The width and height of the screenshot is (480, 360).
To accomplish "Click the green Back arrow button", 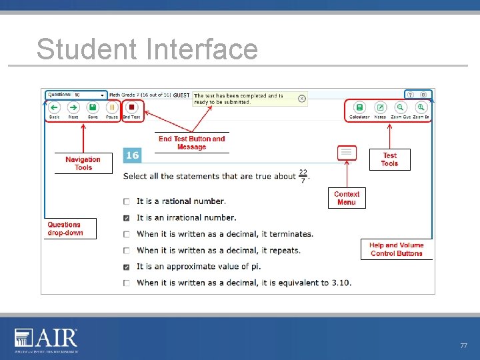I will tap(55, 107).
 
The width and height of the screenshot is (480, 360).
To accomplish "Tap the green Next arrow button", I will tap(73, 107).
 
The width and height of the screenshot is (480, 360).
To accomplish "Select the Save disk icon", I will tap(93, 107).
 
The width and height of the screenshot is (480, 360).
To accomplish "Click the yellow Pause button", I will tap(112, 107).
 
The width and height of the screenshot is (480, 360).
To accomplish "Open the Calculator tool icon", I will tap(359, 107).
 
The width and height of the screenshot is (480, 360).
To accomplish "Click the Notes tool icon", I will tap(380, 107).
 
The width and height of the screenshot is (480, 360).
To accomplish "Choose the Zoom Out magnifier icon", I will tap(400, 107).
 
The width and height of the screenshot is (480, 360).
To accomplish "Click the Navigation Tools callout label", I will tap(83, 163).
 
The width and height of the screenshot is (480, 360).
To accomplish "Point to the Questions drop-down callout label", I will tap(71, 229).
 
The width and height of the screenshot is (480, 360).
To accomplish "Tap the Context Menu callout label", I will tap(347, 198).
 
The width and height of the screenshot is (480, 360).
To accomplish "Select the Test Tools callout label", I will tap(389, 159).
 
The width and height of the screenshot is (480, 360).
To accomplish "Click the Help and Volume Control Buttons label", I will tap(396, 249).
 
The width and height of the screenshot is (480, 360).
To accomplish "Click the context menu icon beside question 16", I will tap(346, 153).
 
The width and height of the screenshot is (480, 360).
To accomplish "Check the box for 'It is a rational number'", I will tap(127, 201).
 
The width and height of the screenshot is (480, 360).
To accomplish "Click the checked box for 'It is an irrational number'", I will tap(127, 218).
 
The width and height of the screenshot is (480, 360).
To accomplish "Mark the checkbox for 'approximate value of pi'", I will tap(127, 267).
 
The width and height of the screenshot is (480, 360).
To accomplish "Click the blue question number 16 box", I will tap(132, 155).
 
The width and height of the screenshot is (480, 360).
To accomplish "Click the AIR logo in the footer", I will tap(47, 339).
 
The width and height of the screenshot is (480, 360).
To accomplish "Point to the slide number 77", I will tap(463, 346).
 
